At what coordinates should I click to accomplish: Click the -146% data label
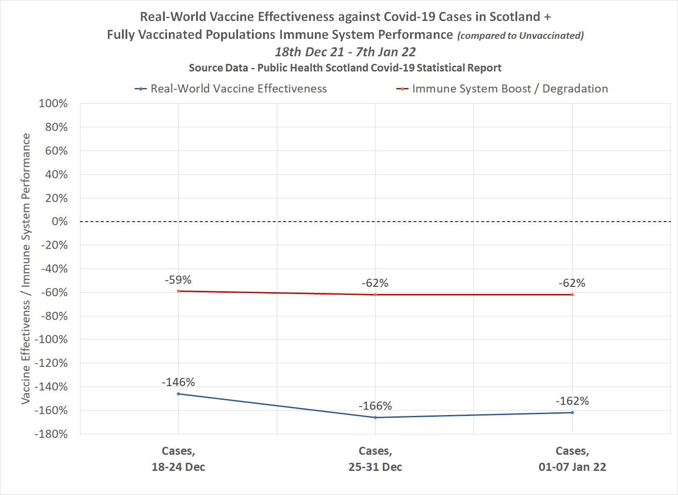coord(178,382)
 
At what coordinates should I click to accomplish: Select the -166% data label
coord(375,406)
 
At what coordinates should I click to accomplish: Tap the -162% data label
coord(572,401)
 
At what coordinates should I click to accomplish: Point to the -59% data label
coord(178,280)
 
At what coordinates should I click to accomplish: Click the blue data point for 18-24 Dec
coord(178,394)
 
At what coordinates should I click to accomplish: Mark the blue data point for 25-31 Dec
coord(375,418)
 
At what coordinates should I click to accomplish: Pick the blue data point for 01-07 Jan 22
coord(572,413)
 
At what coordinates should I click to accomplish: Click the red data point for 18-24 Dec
coord(178,291)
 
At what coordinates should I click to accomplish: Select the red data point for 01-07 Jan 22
coord(572,295)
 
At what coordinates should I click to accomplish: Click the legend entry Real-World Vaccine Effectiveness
coord(239,89)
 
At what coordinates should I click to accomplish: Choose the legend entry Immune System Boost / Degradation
coord(510,89)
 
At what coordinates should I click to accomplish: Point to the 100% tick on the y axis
coord(53,104)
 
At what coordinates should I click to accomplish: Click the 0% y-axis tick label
coord(59,222)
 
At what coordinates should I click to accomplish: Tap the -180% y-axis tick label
coord(51,434)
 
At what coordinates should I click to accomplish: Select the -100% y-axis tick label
coord(51,340)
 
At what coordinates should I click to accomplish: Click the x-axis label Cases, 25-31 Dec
coord(375,459)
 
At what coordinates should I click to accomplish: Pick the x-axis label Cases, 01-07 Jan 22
coord(572,459)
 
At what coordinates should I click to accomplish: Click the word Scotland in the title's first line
coord(515,17)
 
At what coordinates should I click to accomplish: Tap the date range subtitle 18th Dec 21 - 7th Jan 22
coord(345,52)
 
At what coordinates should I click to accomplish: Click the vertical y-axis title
coord(26,268)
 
